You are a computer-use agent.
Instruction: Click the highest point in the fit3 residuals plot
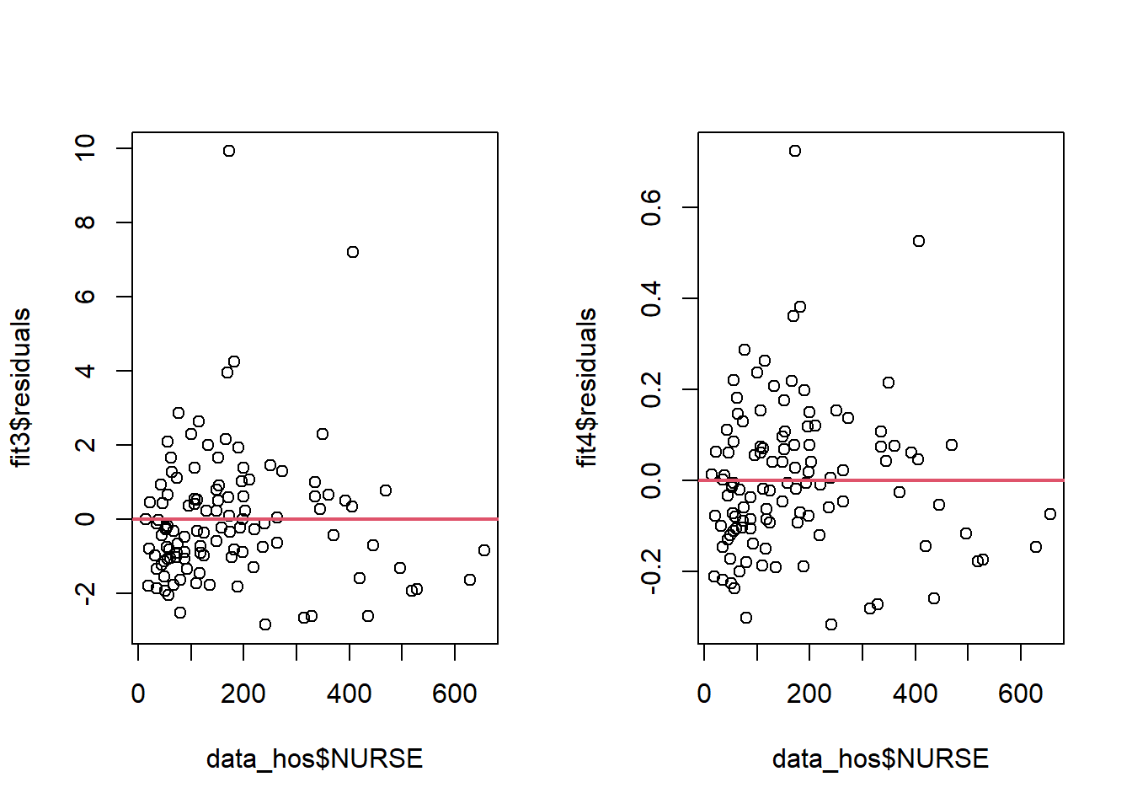point(229,151)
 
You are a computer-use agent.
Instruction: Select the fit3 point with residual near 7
point(353,252)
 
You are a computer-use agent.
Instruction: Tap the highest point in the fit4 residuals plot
point(795,151)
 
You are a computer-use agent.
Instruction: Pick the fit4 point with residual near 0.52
point(919,241)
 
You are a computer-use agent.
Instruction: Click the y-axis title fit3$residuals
point(21,388)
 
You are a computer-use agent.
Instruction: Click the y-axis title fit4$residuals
point(587,388)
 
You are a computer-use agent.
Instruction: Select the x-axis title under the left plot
point(314,758)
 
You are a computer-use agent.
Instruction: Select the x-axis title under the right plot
point(880,758)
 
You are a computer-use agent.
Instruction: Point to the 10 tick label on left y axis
point(85,148)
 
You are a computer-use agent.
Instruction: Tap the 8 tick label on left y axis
point(85,222)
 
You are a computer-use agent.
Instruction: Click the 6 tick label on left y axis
point(85,297)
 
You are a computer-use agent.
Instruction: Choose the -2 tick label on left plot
point(85,593)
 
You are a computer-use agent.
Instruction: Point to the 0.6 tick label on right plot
point(651,207)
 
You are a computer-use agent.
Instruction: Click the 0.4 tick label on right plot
point(651,298)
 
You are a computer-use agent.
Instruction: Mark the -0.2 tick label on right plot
point(651,571)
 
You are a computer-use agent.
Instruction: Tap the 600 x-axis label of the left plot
point(455,694)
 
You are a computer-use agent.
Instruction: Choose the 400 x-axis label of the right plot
point(916,694)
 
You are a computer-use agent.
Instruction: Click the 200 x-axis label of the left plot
point(243,694)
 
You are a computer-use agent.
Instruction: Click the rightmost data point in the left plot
point(484,550)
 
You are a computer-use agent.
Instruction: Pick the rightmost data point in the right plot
point(1050,514)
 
